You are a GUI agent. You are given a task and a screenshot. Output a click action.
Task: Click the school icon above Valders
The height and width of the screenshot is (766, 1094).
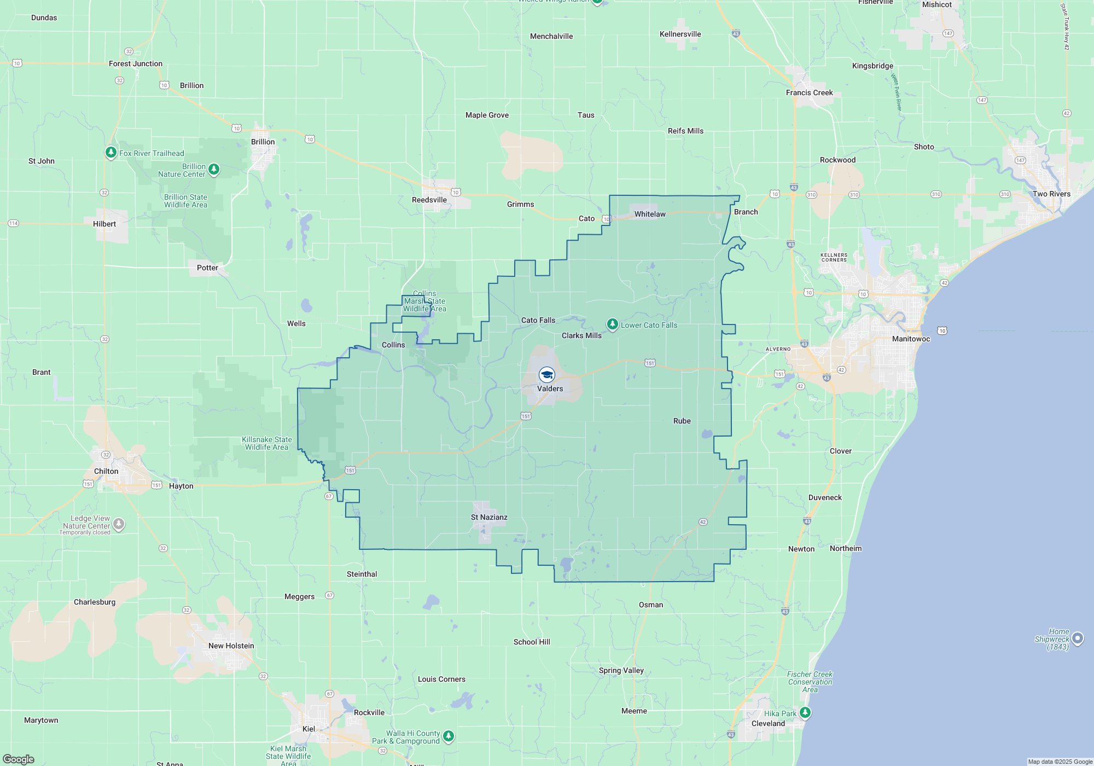pyautogui.click(x=546, y=375)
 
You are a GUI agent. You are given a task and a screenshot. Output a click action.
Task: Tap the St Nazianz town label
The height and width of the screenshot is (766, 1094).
pyautogui.click(x=489, y=517)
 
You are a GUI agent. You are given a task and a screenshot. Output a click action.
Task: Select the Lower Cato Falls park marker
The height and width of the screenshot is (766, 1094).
pyautogui.click(x=613, y=324)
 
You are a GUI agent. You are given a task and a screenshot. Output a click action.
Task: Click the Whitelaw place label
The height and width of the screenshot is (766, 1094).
pyautogui.click(x=650, y=214)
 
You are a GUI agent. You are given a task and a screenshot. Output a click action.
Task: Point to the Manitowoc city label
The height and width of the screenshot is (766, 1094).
pyautogui.click(x=911, y=339)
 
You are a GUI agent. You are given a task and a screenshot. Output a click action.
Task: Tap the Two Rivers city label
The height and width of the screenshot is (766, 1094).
pyautogui.click(x=1051, y=194)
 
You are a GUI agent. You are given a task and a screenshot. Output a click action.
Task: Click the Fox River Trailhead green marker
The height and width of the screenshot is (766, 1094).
pyautogui.click(x=111, y=152)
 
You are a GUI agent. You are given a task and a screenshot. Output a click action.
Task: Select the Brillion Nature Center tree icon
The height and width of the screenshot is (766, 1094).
pyautogui.click(x=214, y=170)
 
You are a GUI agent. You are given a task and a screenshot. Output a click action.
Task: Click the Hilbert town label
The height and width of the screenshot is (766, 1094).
pyautogui.click(x=104, y=224)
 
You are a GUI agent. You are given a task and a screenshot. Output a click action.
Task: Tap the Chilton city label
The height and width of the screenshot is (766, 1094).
pyautogui.click(x=106, y=471)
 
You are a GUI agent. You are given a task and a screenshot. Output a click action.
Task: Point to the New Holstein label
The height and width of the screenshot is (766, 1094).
pyautogui.click(x=231, y=646)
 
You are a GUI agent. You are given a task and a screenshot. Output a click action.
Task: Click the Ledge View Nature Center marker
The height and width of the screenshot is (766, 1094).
pyautogui.click(x=119, y=525)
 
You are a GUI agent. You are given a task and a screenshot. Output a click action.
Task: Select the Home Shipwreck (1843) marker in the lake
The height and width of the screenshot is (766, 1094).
pyautogui.click(x=1077, y=638)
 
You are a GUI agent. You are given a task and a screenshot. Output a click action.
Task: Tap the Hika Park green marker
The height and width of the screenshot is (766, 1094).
pyautogui.click(x=805, y=712)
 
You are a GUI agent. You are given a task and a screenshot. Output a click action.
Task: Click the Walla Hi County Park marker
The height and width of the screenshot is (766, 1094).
pyautogui.click(x=448, y=736)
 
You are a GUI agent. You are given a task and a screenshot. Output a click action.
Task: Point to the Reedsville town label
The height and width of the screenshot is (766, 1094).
pyautogui.click(x=429, y=200)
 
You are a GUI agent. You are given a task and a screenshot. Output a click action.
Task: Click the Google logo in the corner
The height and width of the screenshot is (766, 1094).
pyautogui.click(x=19, y=759)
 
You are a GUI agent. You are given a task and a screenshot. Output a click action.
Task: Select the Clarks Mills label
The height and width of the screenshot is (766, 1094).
pyautogui.click(x=581, y=335)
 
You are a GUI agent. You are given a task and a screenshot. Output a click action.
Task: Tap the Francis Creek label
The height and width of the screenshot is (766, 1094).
pyautogui.click(x=809, y=92)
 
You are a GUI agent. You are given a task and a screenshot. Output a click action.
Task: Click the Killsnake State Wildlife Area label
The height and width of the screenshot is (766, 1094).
pyautogui.click(x=267, y=443)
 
